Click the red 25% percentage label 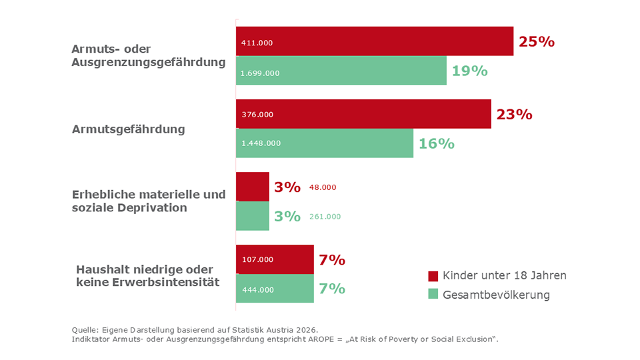point(536,41)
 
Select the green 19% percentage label point(469,71)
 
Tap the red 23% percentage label point(514,114)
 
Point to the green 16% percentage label point(436,143)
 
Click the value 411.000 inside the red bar point(257,43)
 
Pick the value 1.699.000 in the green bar point(261,73)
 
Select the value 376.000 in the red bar point(257,114)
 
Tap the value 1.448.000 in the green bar point(261,143)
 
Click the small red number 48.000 point(323,187)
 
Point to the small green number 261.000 point(325,217)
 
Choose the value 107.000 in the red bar point(257,259)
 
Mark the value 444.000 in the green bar point(257,289)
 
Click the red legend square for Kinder point(433,276)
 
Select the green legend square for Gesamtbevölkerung point(433,295)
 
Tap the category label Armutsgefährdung point(128,129)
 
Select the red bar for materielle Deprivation point(252,187)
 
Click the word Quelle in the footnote point(85,329)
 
